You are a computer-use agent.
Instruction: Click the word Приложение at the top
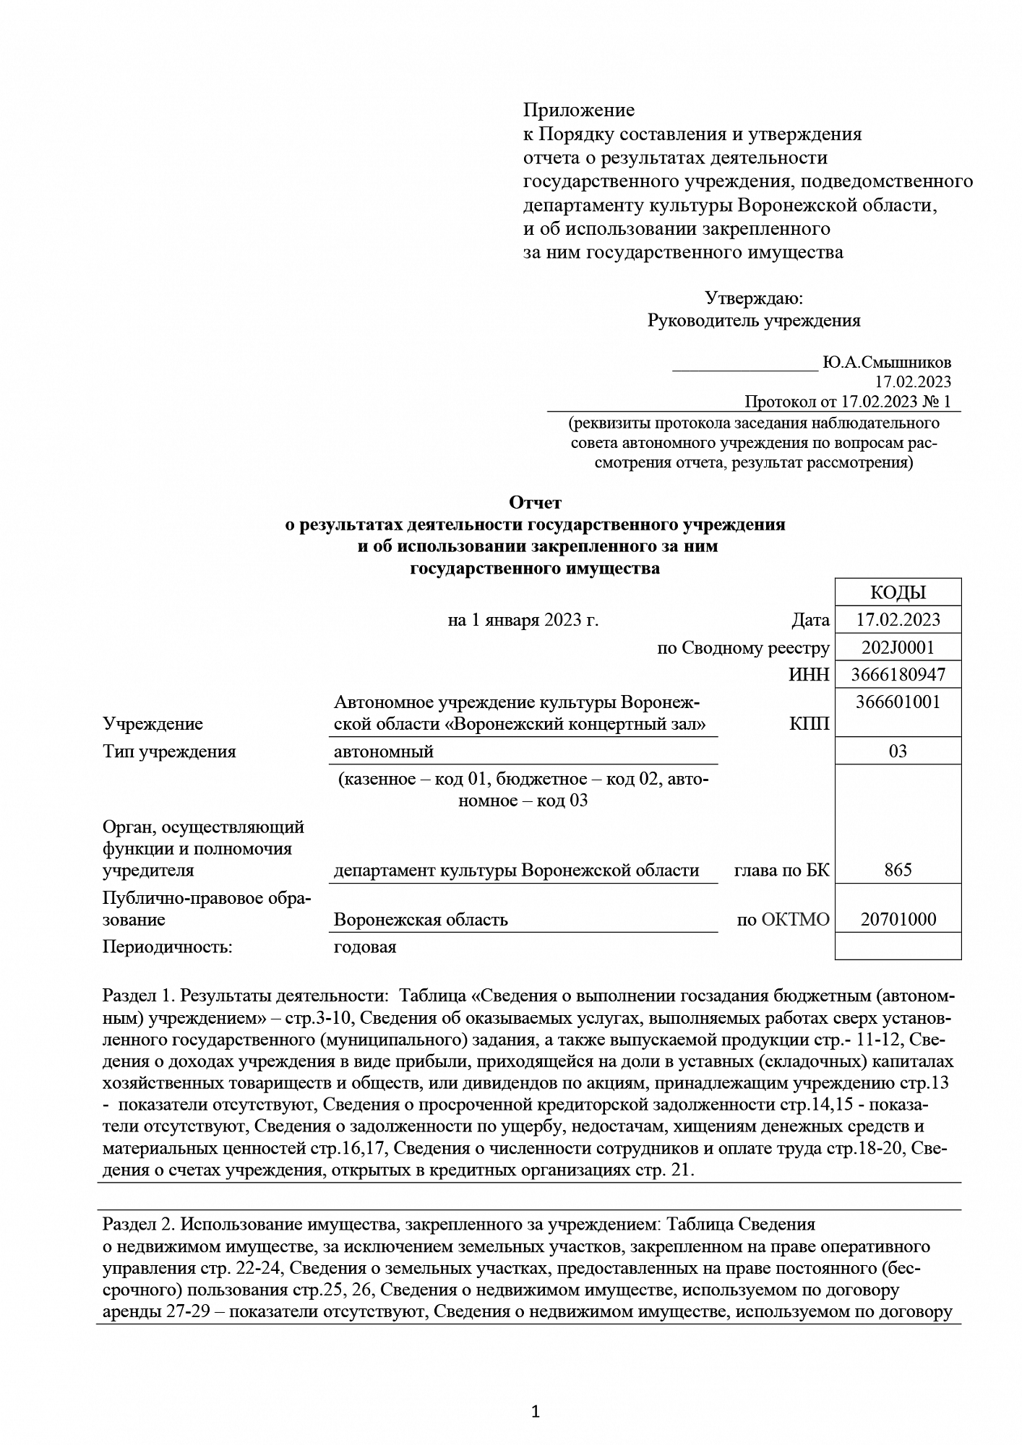[x=578, y=111]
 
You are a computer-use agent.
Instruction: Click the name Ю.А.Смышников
[x=886, y=363]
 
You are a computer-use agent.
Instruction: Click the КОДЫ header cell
[x=898, y=592]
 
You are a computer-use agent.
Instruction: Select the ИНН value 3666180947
[x=898, y=676]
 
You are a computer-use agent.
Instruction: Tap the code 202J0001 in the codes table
[x=898, y=647]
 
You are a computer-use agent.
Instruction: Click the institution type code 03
[x=898, y=751]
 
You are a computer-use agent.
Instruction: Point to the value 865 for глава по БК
[x=898, y=871]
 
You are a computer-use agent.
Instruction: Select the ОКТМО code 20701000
[x=898, y=920]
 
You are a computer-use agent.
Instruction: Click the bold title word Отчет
[x=535, y=502]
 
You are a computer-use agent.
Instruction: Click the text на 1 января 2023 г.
[x=523, y=621]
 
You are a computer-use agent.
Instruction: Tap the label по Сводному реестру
[x=743, y=649]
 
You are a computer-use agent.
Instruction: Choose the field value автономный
[x=383, y=752]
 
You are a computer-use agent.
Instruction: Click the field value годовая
[x=364, y=947]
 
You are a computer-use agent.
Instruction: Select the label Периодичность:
[x=168, y=947]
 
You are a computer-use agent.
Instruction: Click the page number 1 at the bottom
[x=536, y=1412]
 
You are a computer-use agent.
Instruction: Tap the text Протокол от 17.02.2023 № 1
[x=847, y=402]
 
